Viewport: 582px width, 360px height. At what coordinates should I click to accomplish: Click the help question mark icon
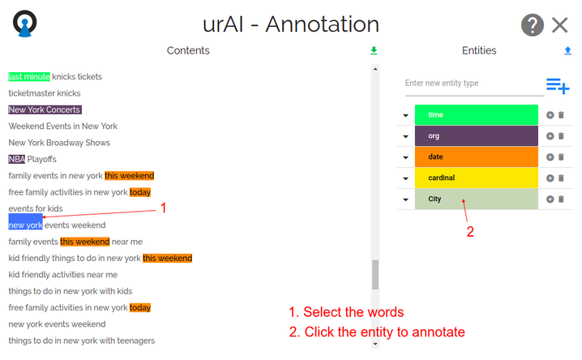533,25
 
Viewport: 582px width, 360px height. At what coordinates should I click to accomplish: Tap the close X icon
560,25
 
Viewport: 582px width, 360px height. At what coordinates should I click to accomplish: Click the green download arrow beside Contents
374,50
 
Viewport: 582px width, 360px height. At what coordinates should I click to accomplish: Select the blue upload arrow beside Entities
567,50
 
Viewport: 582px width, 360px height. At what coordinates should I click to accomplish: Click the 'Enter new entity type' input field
474,84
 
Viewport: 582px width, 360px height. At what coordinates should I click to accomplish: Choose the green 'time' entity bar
476,114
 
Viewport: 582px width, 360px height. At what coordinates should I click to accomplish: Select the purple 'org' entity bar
476,136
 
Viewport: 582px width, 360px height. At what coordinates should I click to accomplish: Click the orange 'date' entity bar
476,156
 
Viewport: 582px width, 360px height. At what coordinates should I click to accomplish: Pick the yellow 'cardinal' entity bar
476,178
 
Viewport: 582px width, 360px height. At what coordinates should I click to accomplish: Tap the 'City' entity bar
476,199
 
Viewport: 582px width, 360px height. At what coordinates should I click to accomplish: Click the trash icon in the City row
561,199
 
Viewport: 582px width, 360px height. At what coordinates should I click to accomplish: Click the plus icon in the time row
550,115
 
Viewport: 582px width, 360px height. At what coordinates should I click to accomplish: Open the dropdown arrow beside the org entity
405,136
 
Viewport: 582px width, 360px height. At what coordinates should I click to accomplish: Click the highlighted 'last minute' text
29,77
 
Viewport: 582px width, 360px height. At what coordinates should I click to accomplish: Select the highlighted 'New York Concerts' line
45,109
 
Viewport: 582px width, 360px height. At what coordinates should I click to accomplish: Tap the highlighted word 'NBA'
17,159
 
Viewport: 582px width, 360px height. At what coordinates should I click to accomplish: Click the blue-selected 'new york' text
25,222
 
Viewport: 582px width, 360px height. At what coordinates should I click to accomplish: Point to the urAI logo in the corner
25,24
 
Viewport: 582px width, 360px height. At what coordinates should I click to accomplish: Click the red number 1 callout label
163,208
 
